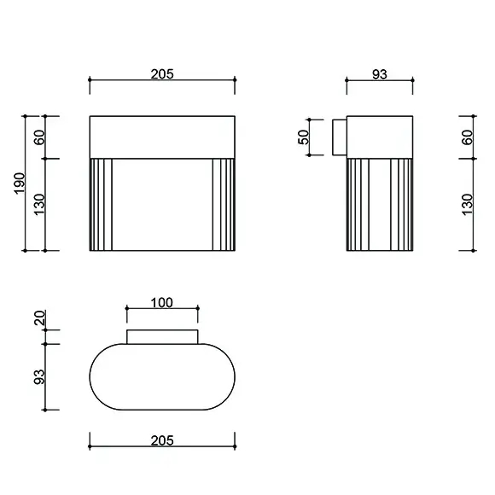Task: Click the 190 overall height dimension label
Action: click(20, 183)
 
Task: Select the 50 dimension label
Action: click(303, 137)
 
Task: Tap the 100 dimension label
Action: click(162, 303)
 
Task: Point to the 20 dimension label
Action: click(40, 317)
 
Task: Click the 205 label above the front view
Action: click(162, 74)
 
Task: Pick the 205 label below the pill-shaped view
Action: click(162, 440)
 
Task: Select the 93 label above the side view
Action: click(380, 74)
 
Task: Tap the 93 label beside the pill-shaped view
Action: click(39, 376)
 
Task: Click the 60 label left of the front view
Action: click(39, 137)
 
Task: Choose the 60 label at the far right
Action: click(468, 137)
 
